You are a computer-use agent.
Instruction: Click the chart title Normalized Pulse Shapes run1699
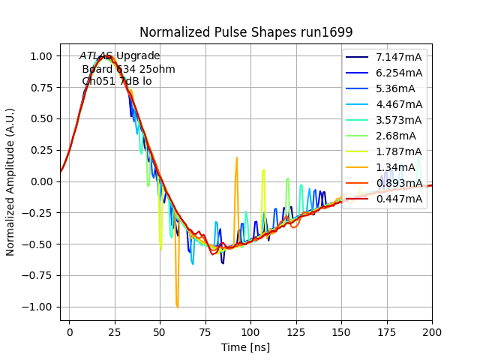(x=246, y=32)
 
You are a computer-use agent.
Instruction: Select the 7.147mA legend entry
(x=399, y=58)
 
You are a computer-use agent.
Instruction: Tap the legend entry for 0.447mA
(x=399, y=199)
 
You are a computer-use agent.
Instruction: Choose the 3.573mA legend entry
(x=399, y=120)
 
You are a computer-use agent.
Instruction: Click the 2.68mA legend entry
(x=396, y=136)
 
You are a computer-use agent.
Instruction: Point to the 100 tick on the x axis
(x=250, y=331)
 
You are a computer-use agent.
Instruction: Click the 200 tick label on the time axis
(x=432, y=331)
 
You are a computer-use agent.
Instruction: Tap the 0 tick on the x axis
(x=70, y=331)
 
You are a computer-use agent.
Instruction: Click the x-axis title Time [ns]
(x=246, y=347)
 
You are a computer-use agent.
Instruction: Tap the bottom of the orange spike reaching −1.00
(x=177, y=307)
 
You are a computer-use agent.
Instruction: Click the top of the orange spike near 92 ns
(x=237, y=158)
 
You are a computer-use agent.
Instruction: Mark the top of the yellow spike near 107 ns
(x=264, y=170)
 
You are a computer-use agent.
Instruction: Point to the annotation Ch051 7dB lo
(x=117, y=81)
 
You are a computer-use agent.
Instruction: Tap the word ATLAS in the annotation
(x=96, y=56)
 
